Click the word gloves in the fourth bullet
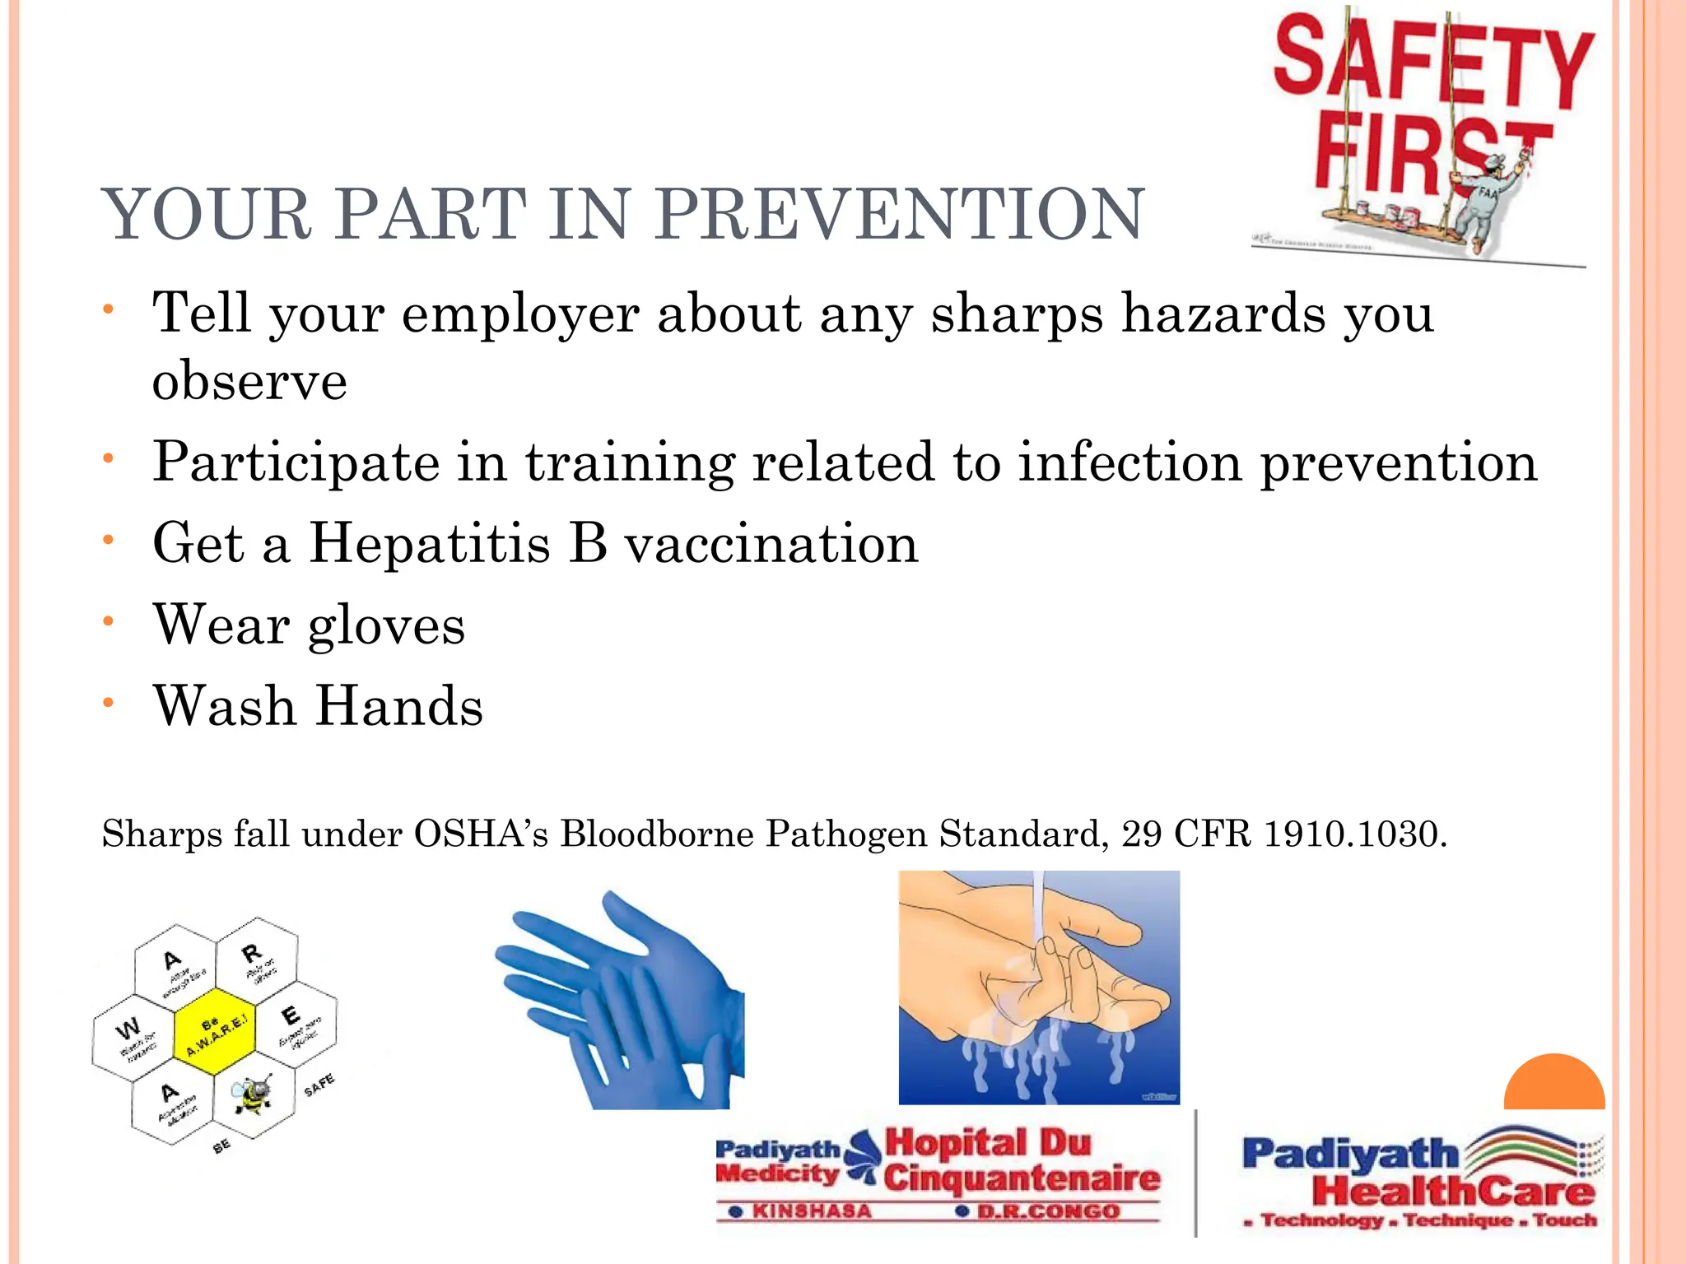(x=386, y=625)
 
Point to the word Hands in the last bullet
(x=400, y=707)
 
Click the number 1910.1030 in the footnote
(x=1354, y=834)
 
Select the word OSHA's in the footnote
(x=481, y=834)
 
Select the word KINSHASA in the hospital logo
(x=811, y=1211)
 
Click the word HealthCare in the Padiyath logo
(x=1453, y=1191)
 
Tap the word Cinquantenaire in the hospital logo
(x=1021, y=1178)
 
